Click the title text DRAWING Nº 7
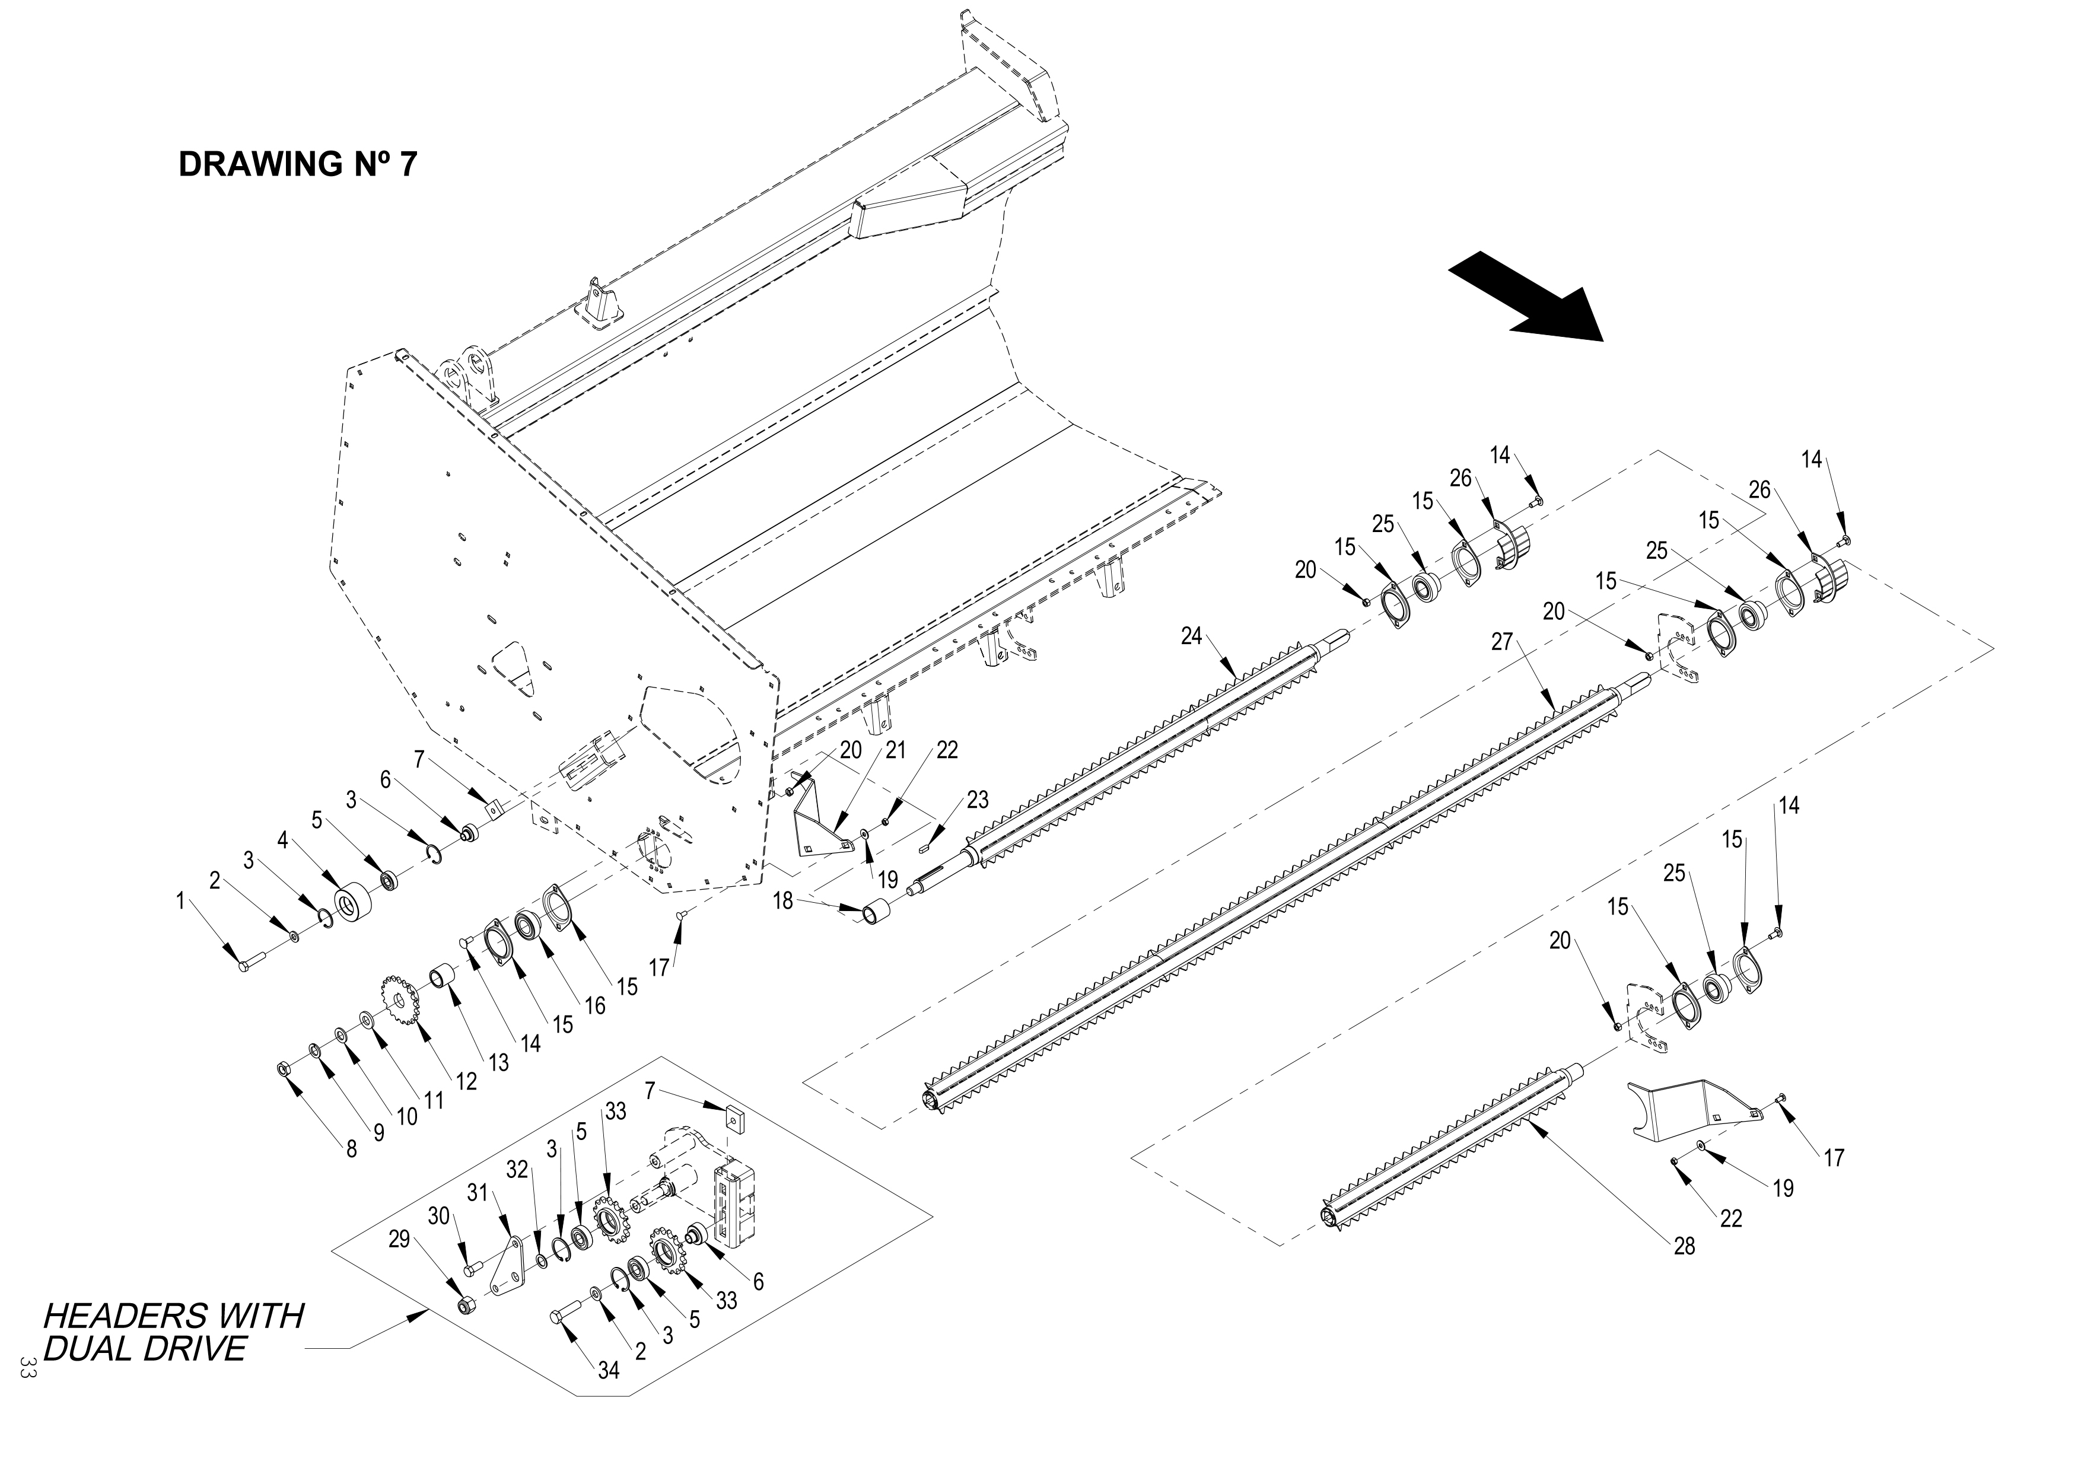[x=298, y=164]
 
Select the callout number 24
[x=1191, y=636]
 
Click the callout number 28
[x=1683, y=1246]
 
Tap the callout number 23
[x=977, y=800]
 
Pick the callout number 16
[x=594, y=1005]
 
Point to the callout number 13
[x=498, y=1061]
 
